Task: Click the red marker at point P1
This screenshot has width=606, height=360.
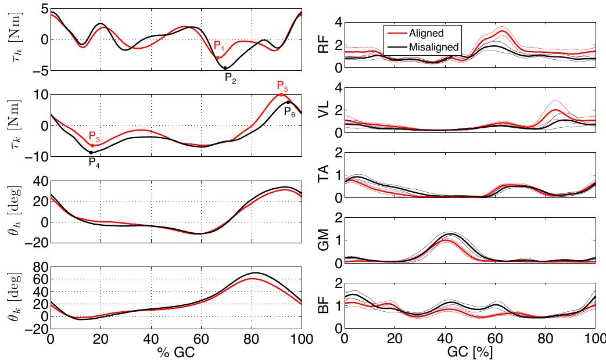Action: (x=218, y=57)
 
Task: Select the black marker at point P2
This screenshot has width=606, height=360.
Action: (x=225, y=68)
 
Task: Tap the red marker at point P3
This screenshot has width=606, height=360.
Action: (x=92, y=145)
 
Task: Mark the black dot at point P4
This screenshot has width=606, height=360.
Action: (x=91, y=152)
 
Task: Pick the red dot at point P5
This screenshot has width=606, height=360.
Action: (x=281, y=95)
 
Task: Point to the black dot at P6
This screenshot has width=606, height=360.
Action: (x=288, y=103)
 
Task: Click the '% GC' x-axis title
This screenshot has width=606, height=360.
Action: (x=176, y=352)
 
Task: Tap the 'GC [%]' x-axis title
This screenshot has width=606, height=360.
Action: (x=470, y=352)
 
